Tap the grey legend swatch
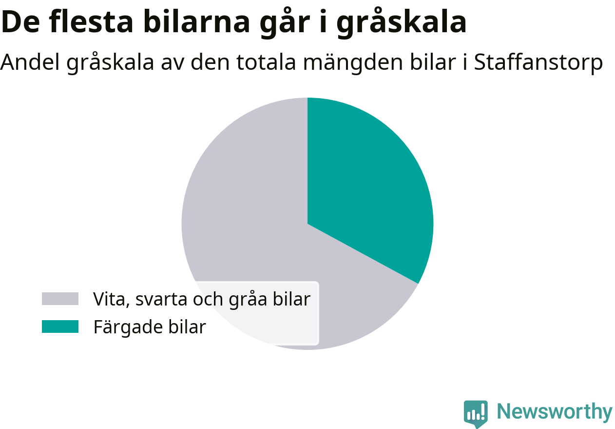[x=60, y=299]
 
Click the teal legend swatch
[x=60, y=327]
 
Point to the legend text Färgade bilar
[x=150, y=327]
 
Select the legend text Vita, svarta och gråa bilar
[x=202, y=299]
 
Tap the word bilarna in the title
[x=196, y=21]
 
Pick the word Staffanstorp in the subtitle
[x=538, y=62]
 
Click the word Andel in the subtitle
[x=30, y=62]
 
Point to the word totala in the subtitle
[x=266, y=62]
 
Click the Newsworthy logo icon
[x=476, y=413]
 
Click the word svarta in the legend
[x=160, y=300]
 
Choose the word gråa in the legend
[x=248, y=300]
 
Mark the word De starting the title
[x=20, y=22]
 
